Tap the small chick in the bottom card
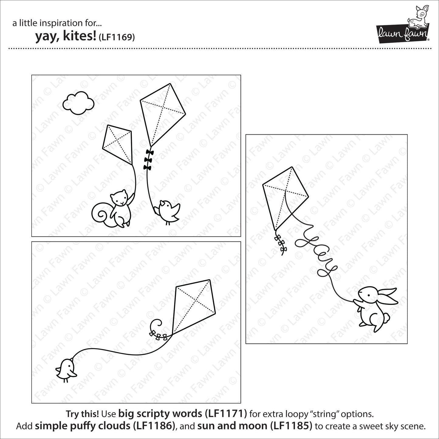[x=66, y=369]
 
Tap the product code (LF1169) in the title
[x=117, y=37]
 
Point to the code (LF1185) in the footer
[x=291, y=426]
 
